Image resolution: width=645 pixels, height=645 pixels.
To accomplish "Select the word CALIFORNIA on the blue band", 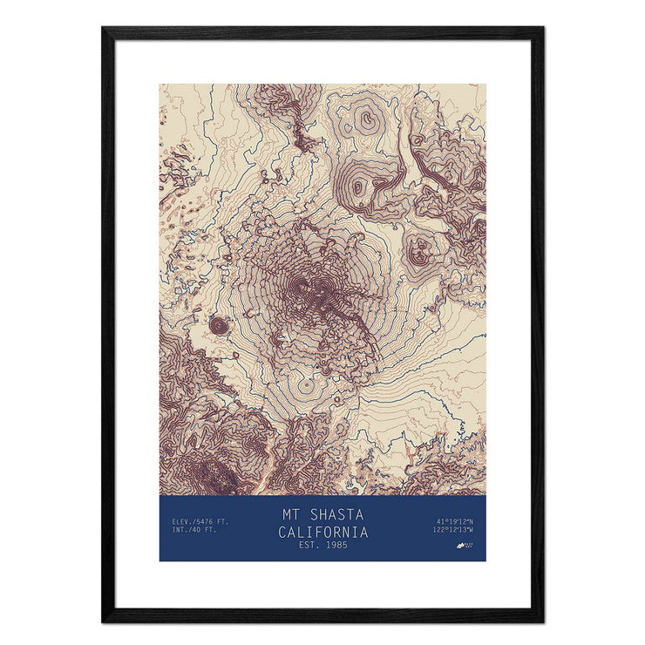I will pyautogui.click(x=322, y=532).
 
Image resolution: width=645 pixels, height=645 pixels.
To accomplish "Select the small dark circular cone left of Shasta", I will pyautogui.click(x=218, y=325).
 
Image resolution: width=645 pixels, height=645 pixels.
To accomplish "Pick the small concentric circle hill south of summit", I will pyautogui.click(x=306, y=387).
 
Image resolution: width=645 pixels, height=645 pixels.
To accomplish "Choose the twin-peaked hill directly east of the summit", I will pyautogui.click(x=424, y=250).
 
